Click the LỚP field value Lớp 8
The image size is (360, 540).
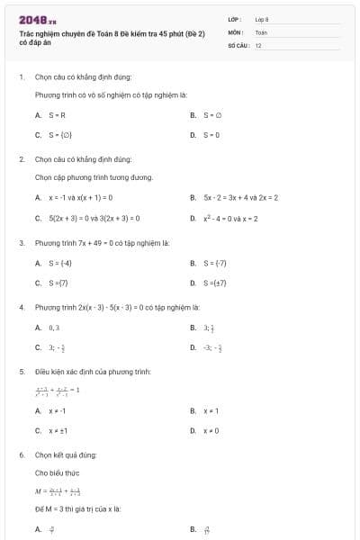(x=262, y=19)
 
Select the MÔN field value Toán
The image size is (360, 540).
(x=261, y=31)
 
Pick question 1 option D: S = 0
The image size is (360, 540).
(x=212, y=135)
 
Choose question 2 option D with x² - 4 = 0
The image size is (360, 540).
(x=229, y=218)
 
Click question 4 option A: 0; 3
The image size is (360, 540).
(x=54, y=328)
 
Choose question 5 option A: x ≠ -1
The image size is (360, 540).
(x=58, y=410)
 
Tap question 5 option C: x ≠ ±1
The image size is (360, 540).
(x=59, y=430)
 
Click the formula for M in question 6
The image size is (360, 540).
(x=58, y=491)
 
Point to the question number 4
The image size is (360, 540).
(x=22, y=307)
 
